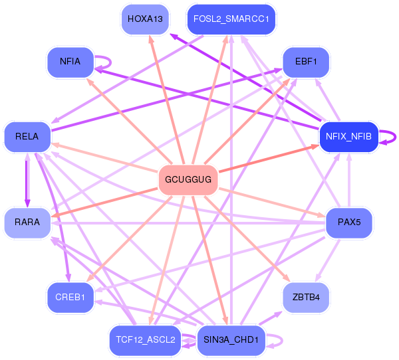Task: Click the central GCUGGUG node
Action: point(188,180)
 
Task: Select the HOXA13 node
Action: point(145,19)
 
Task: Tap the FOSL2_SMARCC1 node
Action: point(231,19)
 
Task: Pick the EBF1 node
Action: point(306,62)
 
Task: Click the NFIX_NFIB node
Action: point(348,137)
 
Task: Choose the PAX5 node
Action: point(349,223)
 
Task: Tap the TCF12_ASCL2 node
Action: point(146,340)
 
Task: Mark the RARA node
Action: point(27,222)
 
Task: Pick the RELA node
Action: point(27,137)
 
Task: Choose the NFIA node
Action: point(70,62)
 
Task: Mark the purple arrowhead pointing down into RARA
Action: point(27,203)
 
